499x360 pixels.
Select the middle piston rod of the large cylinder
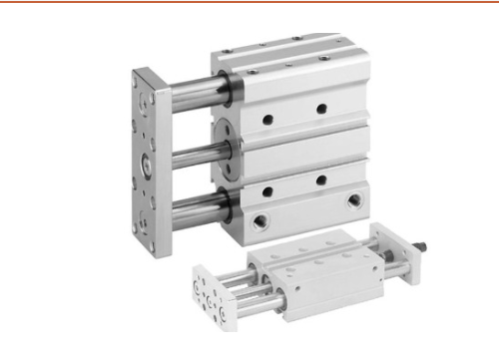tap(190, 151)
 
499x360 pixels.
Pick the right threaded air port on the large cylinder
tap(352, 201)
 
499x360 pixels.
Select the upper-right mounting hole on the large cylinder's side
tap(321, 108)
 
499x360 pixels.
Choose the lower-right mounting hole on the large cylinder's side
tap(321, 180)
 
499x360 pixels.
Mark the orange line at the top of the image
tap(249, 3)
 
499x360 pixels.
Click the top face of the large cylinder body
tap(289, 55)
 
